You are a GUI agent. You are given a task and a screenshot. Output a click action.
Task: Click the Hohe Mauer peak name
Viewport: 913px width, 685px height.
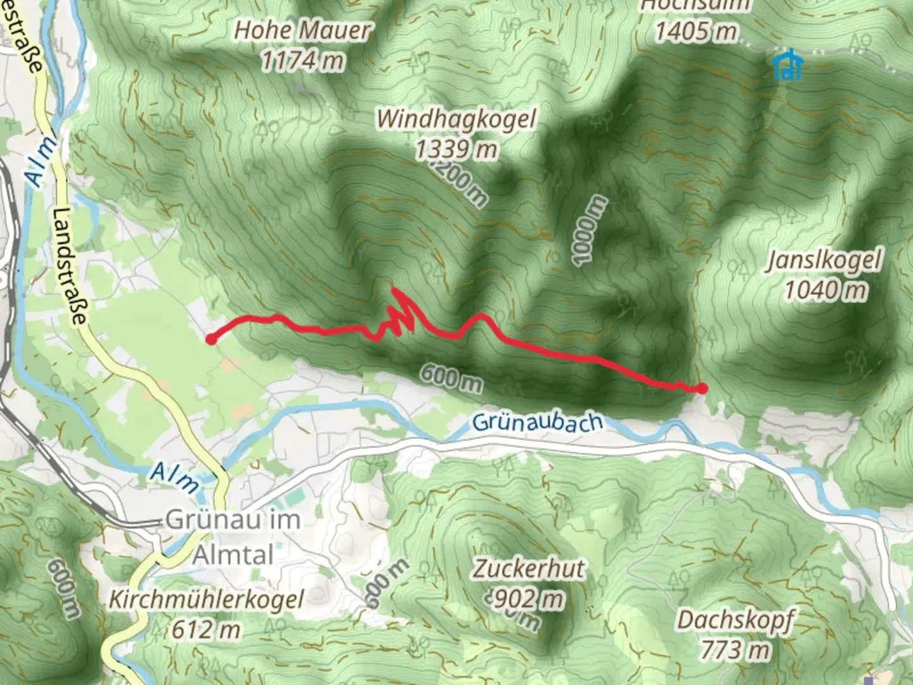(x=302, y=30)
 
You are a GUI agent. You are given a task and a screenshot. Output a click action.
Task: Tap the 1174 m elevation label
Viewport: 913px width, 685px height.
(x=302, y=61)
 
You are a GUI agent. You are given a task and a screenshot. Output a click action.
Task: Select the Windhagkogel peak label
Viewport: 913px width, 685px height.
(x=456, y=119)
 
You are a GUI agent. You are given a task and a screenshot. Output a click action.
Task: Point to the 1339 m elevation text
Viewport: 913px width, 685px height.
(x=456, y=150)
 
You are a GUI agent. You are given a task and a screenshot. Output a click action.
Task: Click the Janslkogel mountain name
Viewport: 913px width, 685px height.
(x=824, y=260)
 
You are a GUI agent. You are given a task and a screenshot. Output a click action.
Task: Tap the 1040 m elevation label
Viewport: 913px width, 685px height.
(x=825, y=290)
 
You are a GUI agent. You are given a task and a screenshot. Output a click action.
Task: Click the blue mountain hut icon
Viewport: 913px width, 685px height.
(x=788, y=66)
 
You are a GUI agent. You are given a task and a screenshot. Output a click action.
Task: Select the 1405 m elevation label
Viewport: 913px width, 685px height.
(x=696, y=30)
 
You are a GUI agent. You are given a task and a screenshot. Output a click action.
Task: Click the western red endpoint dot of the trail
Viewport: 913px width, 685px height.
(x=211, y=340)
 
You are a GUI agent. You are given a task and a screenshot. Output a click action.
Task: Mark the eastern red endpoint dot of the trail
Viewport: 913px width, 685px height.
(x=703, y=388)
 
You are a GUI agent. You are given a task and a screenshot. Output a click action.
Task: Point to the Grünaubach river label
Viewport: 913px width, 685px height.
(x=536, y=422)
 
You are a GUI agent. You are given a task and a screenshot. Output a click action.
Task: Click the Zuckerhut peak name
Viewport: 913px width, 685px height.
(x=528, y=568)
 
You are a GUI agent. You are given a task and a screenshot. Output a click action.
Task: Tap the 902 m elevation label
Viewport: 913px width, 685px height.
(x=526, y=598)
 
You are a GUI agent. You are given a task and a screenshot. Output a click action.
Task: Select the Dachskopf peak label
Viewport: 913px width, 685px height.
(x=735, y=620)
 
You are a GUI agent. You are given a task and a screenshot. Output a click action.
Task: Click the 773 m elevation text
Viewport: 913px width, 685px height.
(x=735, y=649)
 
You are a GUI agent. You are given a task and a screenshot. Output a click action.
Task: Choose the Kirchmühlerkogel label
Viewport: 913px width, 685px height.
(x=207, y=599)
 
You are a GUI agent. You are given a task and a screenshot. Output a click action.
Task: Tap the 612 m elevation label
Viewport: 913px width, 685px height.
(x=206, y=630)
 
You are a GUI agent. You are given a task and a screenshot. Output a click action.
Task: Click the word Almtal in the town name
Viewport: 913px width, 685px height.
(x=233, y=555)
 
